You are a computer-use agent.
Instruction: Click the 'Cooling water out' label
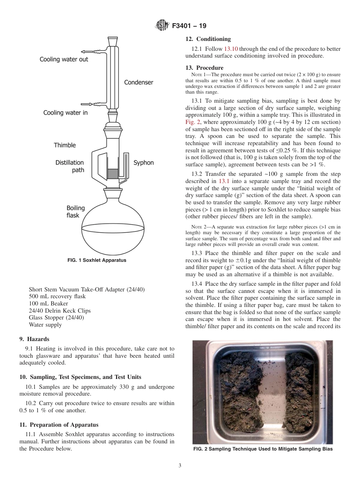64,59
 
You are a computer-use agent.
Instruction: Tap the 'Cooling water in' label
65,113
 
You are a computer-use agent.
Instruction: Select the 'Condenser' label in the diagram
139,82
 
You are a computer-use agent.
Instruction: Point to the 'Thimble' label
65,145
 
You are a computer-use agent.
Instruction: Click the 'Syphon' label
144,163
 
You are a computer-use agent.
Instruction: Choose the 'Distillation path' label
70,166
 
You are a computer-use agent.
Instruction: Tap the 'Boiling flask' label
75,212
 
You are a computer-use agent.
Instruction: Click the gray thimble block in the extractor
113,174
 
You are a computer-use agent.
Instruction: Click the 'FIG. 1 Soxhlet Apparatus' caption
97,260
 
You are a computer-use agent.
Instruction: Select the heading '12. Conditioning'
208,39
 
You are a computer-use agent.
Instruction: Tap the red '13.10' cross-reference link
231,49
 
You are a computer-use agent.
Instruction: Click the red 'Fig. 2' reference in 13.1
192,122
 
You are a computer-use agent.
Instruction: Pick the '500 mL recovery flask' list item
57,296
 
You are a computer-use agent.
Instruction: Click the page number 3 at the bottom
180,465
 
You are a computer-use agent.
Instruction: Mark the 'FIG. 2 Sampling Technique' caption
263,449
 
